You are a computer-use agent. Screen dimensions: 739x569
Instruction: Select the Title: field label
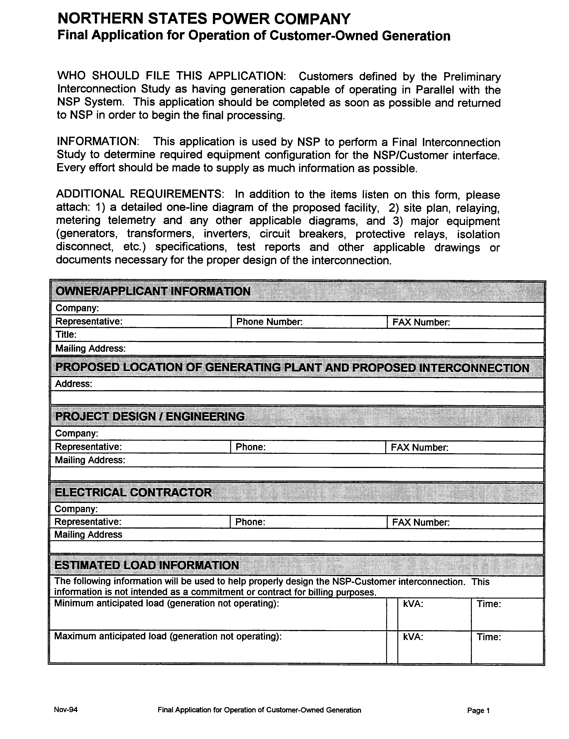pyautogui.click(x=66, y=335)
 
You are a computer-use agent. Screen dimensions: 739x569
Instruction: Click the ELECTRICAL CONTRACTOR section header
pyautogui.click(x=133, y=492)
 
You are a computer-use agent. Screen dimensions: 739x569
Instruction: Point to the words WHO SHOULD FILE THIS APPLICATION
pyautogui.click(x=171, y=76)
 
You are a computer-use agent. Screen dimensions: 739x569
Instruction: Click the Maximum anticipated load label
pyautogui.click(x=168, y=636)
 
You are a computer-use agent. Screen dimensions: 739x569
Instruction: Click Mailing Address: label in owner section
pyautogui.click(x=90, y=348)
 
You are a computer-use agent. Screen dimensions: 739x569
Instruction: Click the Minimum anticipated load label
pyautogui.click(x=166, y=603)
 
